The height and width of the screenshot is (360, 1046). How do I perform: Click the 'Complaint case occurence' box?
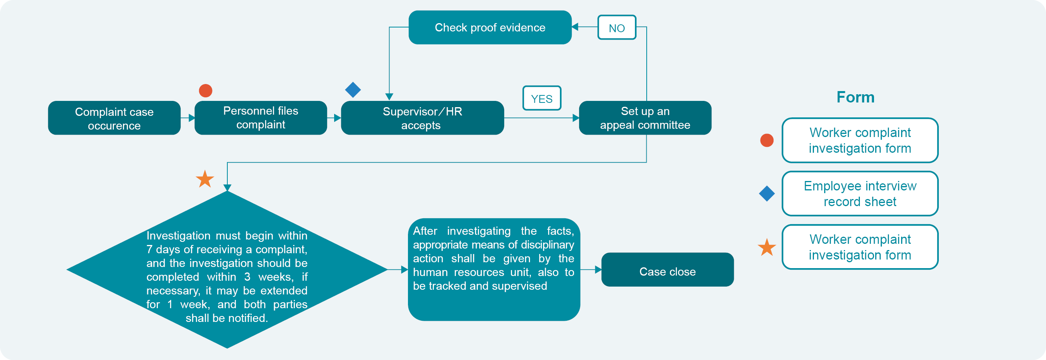point(114,118)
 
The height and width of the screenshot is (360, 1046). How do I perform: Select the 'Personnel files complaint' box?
point(261,118)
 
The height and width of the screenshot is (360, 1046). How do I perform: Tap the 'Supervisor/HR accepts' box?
point(422,118)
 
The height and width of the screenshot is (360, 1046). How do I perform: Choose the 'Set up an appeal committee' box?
point(645,118)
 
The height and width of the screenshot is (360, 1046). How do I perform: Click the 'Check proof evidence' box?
point(490,27)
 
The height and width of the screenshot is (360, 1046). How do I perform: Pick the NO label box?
point(616,28)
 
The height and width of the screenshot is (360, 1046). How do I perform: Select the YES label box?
point(542,99)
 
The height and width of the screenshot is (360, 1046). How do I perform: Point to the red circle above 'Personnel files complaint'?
point(205,91)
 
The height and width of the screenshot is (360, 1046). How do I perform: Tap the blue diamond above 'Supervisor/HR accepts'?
point(353,90)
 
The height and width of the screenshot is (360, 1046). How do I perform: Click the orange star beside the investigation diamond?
point(205,179)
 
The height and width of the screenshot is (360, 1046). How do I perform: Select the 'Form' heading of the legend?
point(855,97)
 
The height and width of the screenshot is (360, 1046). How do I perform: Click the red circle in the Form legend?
point(766,141)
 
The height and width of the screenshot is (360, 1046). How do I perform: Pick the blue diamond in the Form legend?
point(766,194)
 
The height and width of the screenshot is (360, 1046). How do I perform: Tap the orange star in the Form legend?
point(766,247)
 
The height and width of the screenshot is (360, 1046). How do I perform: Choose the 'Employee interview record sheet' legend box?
point(859,194)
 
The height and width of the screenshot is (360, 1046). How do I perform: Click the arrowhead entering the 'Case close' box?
point(598,269)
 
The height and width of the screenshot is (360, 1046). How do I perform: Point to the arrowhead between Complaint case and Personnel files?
point(192,118)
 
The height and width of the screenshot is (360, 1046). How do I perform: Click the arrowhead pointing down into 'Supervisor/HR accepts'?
point(389,97)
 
